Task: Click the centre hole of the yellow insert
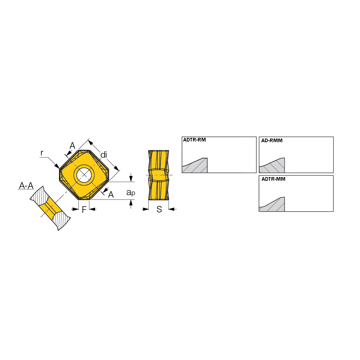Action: pyautogui.click(x=84, y=175)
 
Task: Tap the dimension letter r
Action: pyautogui.click(x=42, y=153)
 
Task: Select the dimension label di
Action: pyautogui.click(x=104, y=155)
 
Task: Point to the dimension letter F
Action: pyautogui.click(x=84, y=210)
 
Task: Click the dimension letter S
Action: pyautogui.click(x=159, y=209)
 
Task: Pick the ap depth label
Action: pyautogui.click(x=131, y=192)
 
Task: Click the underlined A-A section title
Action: pyautogui.click(x=26, y=185)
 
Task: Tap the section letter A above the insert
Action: pyautogui.click(x=72, y=145)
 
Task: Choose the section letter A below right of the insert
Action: pyautogui.click(x=111, y=194)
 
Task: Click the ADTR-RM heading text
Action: pyautogui.click(x=194, y=140)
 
